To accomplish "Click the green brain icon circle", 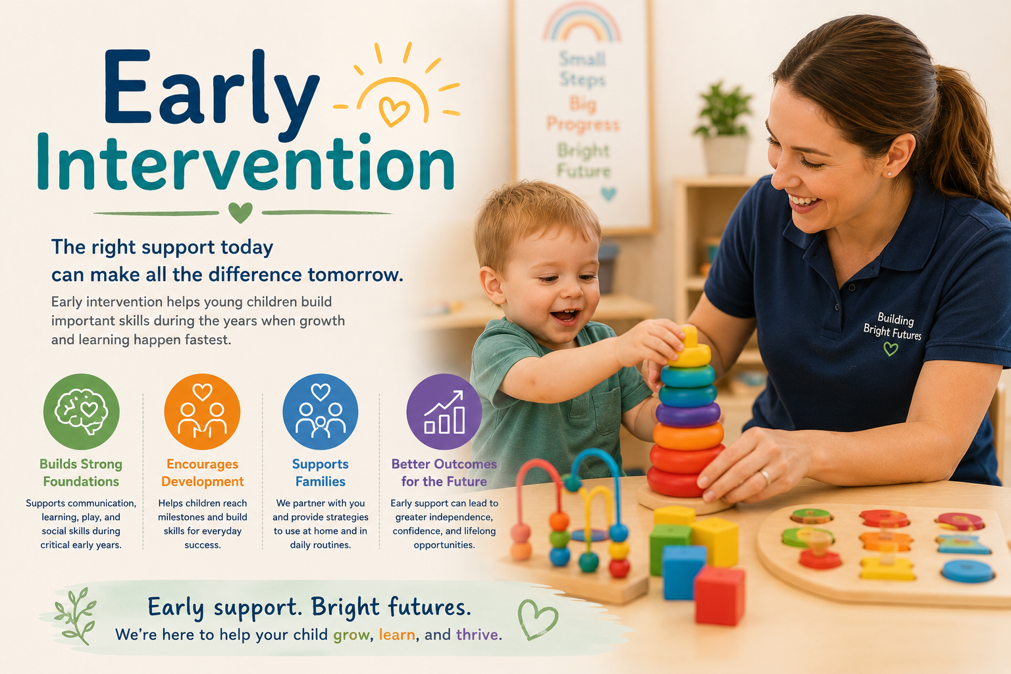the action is point(81,411).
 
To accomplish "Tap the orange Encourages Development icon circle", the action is point(202,411).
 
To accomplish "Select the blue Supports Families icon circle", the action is point(321,411).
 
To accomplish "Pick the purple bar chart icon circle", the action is point(444,411).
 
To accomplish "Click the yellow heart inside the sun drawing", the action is point(394,111).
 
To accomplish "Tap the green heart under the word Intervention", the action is point(240,212).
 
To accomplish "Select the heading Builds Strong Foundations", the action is point(81,473).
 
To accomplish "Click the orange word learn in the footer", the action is point(397,635).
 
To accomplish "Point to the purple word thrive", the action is point(477,635).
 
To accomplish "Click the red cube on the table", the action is point(719,596).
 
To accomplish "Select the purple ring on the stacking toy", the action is point(688,415).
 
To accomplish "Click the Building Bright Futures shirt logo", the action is point(892,332).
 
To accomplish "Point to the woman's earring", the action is point(890,174).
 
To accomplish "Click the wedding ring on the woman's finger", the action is point(765,477).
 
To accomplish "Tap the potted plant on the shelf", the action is point(723,128).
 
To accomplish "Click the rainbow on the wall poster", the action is point(582,22).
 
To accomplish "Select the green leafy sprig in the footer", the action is point(75,615).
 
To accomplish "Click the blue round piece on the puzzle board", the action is point(967,571).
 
